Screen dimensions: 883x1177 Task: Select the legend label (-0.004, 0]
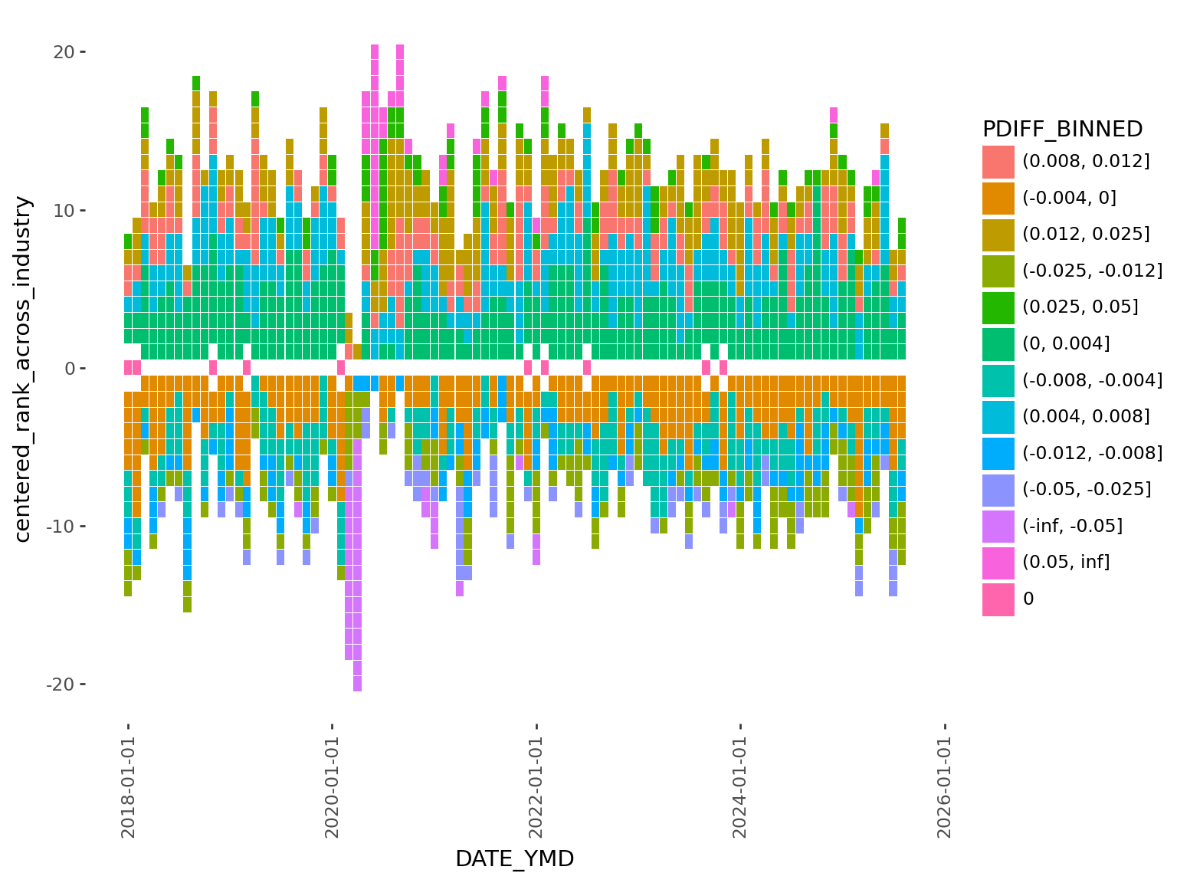pyautogui.click(x=1069, y=198)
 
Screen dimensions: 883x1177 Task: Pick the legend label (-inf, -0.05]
pyautogui.click(x=1072, y=526)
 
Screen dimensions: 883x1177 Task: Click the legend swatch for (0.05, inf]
pyautogui.click(x=998, y=562)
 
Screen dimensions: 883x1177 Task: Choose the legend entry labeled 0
pyautogui.click(x=1028, y=599)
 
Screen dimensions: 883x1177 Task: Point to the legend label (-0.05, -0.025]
pyautogui.click(x=1087, y=489)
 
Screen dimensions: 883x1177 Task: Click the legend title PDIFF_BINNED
pyautogui.click(x=1062, y=129)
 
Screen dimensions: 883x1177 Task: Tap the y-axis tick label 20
pyautogui.click(x=64, y=52)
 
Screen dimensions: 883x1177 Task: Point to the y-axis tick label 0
pyautogui.click(x=70, y=369)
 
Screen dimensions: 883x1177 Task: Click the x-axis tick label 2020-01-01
pyautogui.click(x=333, y=786)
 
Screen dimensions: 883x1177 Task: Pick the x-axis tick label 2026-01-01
pyautogui.click(x=945, y=786)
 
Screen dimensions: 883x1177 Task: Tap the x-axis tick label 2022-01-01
pyautogui.click(x=536, y=786)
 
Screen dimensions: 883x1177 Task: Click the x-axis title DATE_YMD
pyautogui.click(x=514, y=859)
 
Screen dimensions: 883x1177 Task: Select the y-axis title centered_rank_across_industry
pyautogui.click(x=23, y=369)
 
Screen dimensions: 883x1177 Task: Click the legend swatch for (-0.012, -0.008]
pyautogui.click(x=998, y=453)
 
